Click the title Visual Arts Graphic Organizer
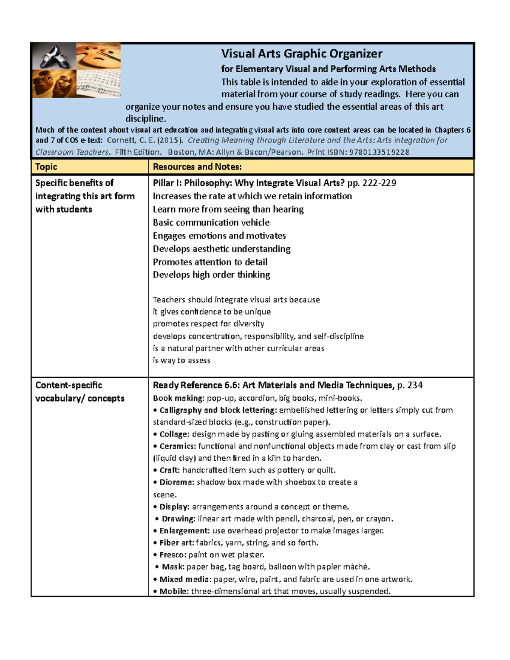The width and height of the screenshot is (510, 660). [x=301, y=54]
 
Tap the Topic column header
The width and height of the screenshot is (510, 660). [x=46, y=167]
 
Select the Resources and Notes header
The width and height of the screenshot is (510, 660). [x=197, y=167]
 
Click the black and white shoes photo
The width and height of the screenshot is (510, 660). [x=54, y=56]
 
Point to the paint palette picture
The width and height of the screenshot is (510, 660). [x=99, y=56]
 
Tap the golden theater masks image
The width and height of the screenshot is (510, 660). [x=54, y=84]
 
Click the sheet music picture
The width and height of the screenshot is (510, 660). [x=99, y=84]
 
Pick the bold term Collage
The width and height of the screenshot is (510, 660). [x=174, y=434]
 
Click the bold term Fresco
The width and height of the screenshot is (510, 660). [x=173, y=555]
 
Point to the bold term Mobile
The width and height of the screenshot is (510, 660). [x=174, y=592]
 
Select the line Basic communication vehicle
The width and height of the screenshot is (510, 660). [x=211, y=223]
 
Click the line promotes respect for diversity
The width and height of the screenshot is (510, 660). [x=209, y=324]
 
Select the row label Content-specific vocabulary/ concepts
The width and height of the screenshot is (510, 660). [x=80, y=392]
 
